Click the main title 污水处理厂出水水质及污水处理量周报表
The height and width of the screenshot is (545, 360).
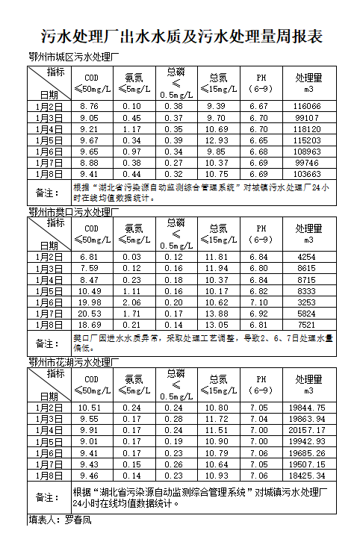click(x=180, y=37)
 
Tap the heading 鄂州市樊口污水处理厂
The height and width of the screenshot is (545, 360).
click(x=73, y=212)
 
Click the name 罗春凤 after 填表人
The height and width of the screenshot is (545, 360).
click(x=78, y=519)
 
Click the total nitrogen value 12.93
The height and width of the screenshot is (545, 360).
click(x=218, y=140)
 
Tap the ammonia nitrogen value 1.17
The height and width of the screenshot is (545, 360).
click(x=132, y=129)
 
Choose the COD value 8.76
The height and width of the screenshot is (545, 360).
click(x=90, y=107)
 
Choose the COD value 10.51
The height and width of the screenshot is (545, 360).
click(x=90, y=408)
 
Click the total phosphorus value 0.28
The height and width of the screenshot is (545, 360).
click(x=174, y=419)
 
